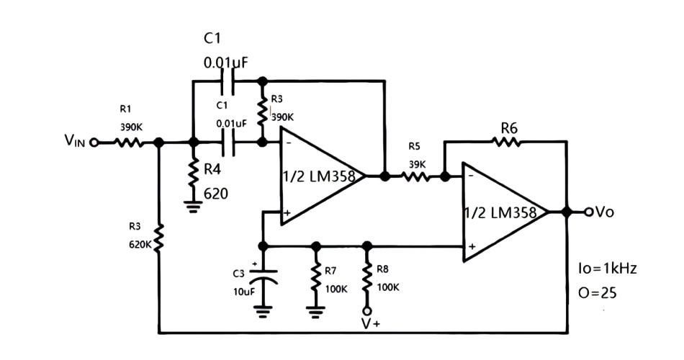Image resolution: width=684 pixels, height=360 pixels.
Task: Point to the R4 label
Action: click(x=213, y=170)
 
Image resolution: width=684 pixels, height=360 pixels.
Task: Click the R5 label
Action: click(x=414, y=146)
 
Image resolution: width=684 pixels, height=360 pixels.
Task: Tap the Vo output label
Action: click(x=604, y=212)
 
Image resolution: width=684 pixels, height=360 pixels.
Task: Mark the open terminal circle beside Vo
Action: click(x=588, y=212)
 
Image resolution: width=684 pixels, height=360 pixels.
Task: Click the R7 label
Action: click(x=330, y=271)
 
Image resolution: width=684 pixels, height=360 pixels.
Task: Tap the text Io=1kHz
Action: click(x=607, y=269)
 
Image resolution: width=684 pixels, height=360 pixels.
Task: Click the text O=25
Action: click(x=597, y=294)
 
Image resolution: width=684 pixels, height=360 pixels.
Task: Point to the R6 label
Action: click(x=510, y=127)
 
